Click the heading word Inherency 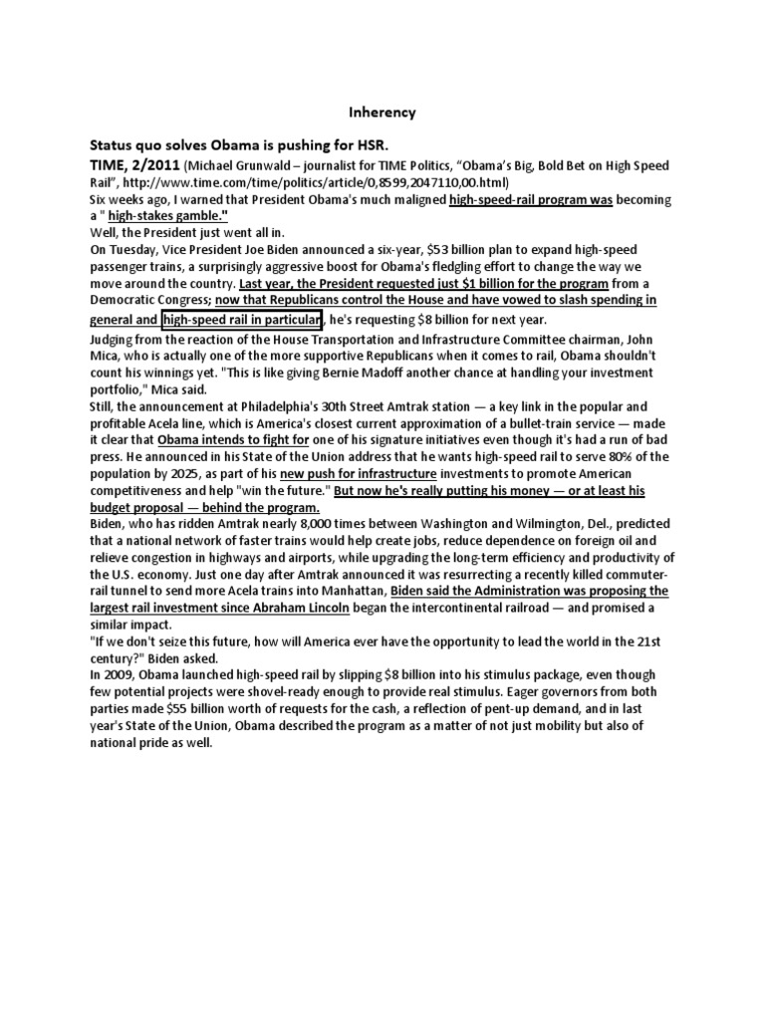[382, 113]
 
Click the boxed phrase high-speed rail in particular [241, 320]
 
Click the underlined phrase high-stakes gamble [169, 217]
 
